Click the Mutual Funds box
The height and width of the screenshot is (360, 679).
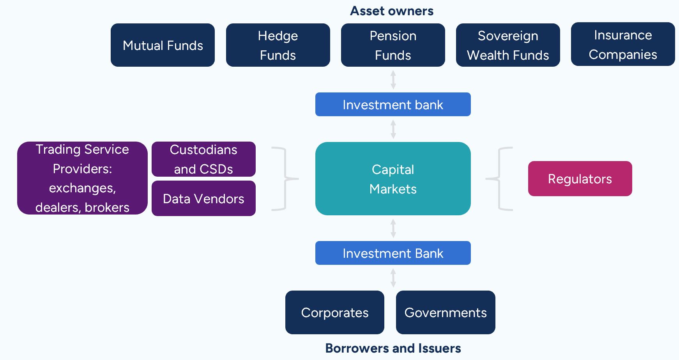coord(163,45)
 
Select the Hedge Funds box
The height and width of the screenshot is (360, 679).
coord(278,45)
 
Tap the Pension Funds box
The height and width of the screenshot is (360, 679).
coord(393,45)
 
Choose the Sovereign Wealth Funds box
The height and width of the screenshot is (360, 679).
coord(508,45)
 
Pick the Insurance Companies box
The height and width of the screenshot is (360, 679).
coord(623,44)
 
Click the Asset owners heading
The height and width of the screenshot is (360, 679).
coord(392,11)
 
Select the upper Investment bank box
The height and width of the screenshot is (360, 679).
coord(393,105)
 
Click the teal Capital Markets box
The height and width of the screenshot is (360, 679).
coord(393,179)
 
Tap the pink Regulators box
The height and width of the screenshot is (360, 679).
coord(580,179)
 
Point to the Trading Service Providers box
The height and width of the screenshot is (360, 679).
coord(82,178)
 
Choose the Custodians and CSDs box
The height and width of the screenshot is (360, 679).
coord(203,159)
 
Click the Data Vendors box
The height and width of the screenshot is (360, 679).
coord(203,199)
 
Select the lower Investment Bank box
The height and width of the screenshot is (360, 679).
coord(393,253)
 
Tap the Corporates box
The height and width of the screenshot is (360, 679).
coord(335,312)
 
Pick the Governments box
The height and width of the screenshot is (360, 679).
coord(446,312)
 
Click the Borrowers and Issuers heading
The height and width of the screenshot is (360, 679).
coord(393,348)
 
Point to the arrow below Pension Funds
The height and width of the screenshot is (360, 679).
coord(393,80)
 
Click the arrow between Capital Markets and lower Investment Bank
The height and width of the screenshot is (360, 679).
coord(393,228)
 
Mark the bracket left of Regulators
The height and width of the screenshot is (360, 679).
coord(499,179)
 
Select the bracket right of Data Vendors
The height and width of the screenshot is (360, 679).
coord(285,179)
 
